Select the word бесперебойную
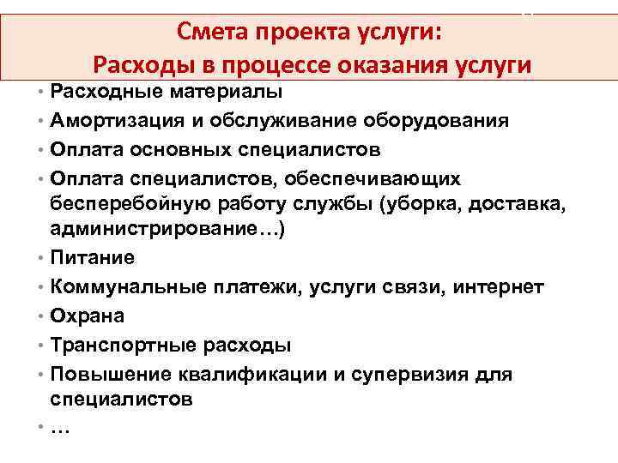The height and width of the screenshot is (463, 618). click(x=125, y=205)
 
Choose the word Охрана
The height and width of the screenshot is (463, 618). click(x=88, y=316)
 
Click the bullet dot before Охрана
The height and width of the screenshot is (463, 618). click(x=41, y=316)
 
